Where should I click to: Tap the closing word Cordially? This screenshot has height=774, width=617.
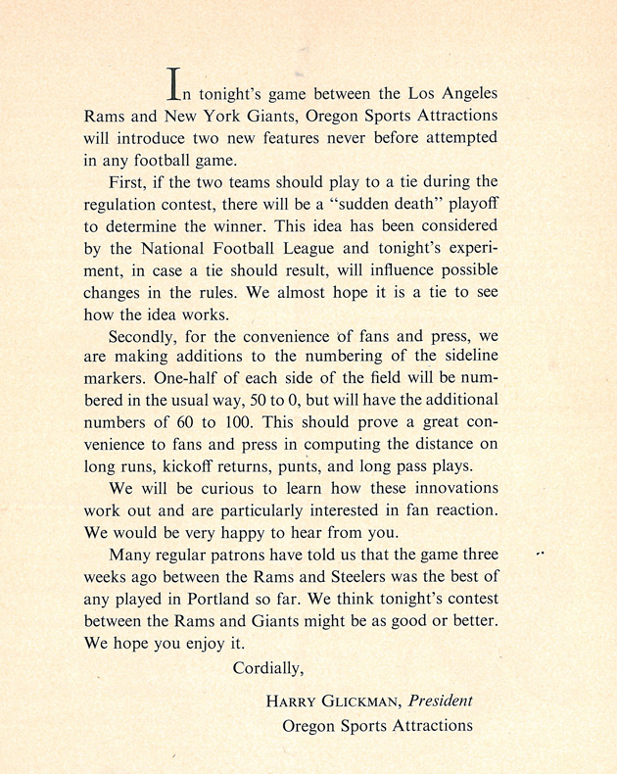[x=269, y=669]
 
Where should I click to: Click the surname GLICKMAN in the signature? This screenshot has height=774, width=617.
[x=360, y=702]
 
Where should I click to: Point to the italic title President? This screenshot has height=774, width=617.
[x=441, y=701]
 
